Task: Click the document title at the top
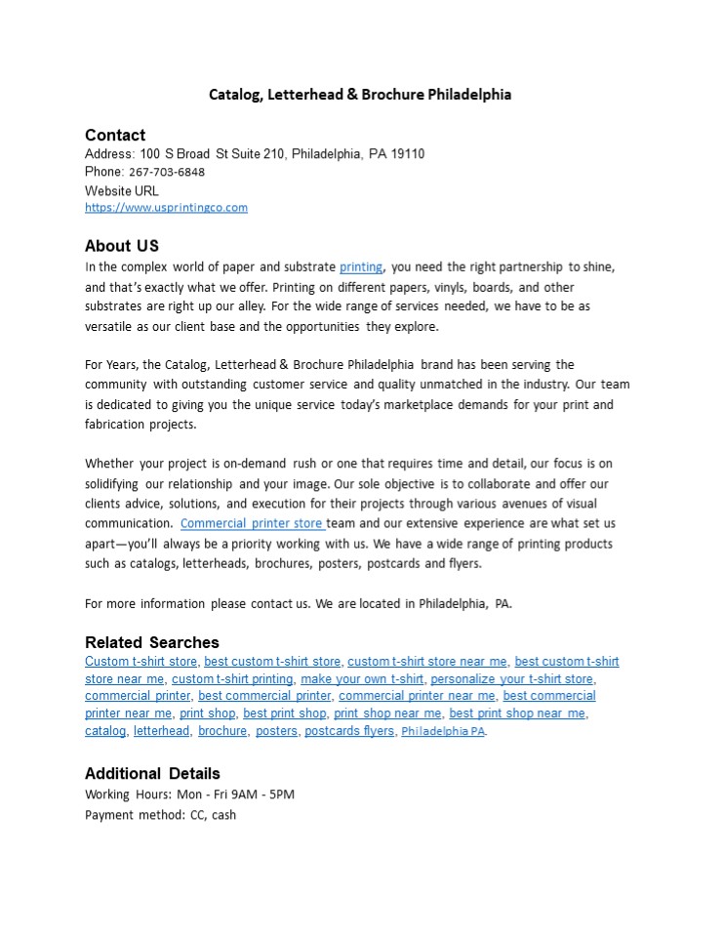(x=360, y=95)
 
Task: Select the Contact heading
(x=115, y=135)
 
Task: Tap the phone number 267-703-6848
(x=167, y=172)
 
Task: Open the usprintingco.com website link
(x=166, y=207)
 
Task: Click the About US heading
(x=122, y=245)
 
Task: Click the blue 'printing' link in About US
(x=361, y=266)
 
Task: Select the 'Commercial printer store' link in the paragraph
(x=252, y=523)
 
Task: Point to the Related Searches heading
(x=152, y=642)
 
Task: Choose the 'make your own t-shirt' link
(x=362, y=679)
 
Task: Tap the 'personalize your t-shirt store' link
(x=512, y=679)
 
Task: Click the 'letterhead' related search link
(x=162, y=731)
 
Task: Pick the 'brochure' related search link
(x=222, y=731)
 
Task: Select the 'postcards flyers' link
(x=349, y=731)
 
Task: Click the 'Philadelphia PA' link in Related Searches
(x=443, y=732)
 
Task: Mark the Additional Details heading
(x=152, y=773)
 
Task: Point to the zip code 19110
(x=407, y=154)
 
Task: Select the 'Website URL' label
(x=122, y=191)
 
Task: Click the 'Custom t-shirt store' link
(x=141, y=662)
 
